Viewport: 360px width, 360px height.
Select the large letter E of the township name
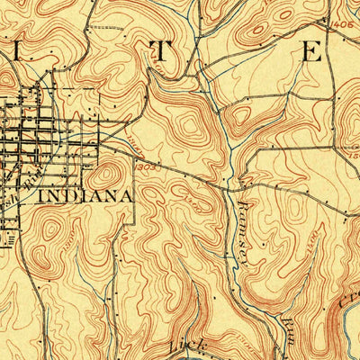311,51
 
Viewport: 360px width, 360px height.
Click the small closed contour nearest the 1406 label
351,45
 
